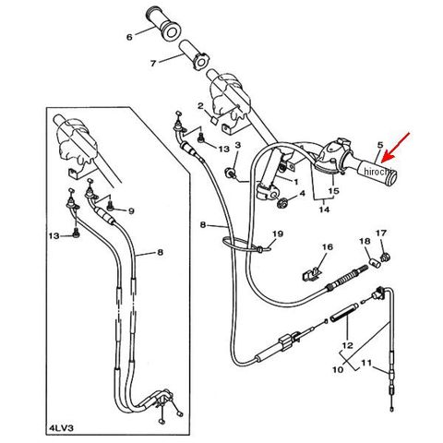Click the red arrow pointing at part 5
click(x=396, y=147)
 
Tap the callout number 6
click(x=129, y=37)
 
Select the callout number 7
click(x=153, y=64)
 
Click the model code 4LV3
click(x=62, y=428)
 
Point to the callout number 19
click(x=278, y=234)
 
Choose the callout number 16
click(x=328, y=247)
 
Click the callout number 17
click(x=381, y=233)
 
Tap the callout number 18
click(x=365, y=241)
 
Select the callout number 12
click(x=348, y=345)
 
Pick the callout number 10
click(x=338, y=369)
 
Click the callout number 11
click(x=366, y=363)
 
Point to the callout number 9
click(x=131, y=211)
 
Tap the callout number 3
click(x=238, y=145)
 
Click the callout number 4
click(x=302, y=194)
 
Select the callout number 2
click(x=200, y=106)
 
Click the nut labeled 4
click(x=281, y=203)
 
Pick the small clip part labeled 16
click(x=311, y=274)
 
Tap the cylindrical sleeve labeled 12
click(x=344, y=313)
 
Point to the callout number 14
click(x=324, y=210)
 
